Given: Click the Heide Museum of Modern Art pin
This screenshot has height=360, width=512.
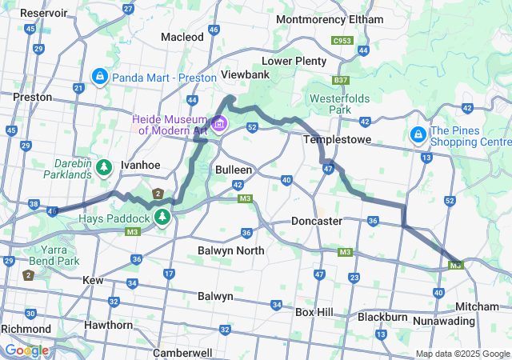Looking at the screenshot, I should tap(219, 124).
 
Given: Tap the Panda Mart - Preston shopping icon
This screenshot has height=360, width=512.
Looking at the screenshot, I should tap(100, 77).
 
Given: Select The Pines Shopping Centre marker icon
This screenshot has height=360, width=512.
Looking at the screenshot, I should tap(418, 135).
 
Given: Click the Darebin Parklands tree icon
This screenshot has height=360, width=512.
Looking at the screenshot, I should tap(103, 167).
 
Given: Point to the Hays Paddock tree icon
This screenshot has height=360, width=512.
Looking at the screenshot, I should tap(162, 217).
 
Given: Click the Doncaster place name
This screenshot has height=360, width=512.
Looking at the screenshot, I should tap(317, 220).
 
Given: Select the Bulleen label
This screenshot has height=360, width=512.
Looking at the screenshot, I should tap(234, 170).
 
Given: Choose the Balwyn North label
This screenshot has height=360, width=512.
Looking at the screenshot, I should tap(230, 250).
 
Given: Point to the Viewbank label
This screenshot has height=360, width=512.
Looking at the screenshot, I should tap(245, 74).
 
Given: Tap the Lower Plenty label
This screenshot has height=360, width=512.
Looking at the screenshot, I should tap(295, 61).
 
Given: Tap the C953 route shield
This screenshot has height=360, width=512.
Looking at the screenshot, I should tap(343, 39).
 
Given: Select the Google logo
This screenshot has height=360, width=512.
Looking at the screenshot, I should tap(26, 350).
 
